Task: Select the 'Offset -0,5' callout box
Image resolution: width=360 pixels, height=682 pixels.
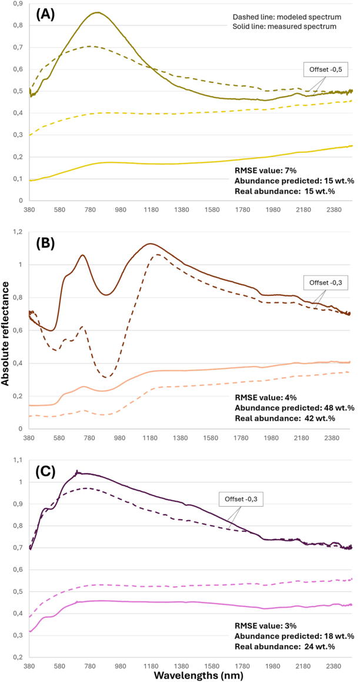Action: (x=322, y=70)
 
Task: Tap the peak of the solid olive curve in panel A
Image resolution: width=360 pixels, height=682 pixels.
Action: (x=96, y=12)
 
